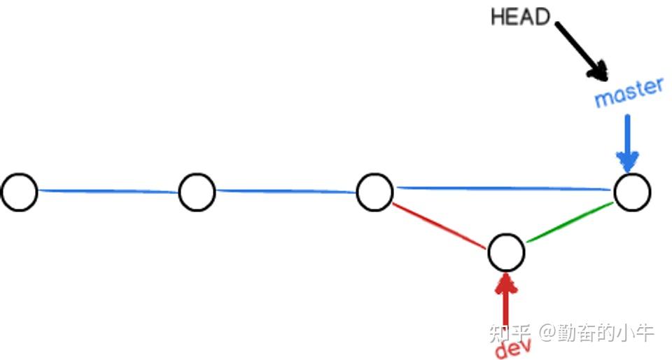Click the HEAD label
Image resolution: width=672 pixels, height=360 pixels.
(x=521, y=17)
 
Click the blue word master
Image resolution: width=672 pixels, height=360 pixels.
(x=628, y=93)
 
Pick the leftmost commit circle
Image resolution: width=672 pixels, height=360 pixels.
(x=19, y=192)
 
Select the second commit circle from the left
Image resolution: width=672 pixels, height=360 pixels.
(x=197, y=192)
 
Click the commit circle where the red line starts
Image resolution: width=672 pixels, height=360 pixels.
(x=374, y=192)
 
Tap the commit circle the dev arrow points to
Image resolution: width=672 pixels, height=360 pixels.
(x=506, y=253)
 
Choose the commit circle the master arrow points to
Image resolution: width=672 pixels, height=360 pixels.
(x=632, y=192)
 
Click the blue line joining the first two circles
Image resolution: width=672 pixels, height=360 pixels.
(x=108, y=191)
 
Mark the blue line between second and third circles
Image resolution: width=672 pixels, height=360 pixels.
(x=286, y=190)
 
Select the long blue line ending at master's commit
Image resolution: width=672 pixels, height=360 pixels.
(x=504, y=188)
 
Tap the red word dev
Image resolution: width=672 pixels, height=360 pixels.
(x=513, y=345)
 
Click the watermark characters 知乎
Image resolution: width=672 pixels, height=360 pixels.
(x=509, y=331)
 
